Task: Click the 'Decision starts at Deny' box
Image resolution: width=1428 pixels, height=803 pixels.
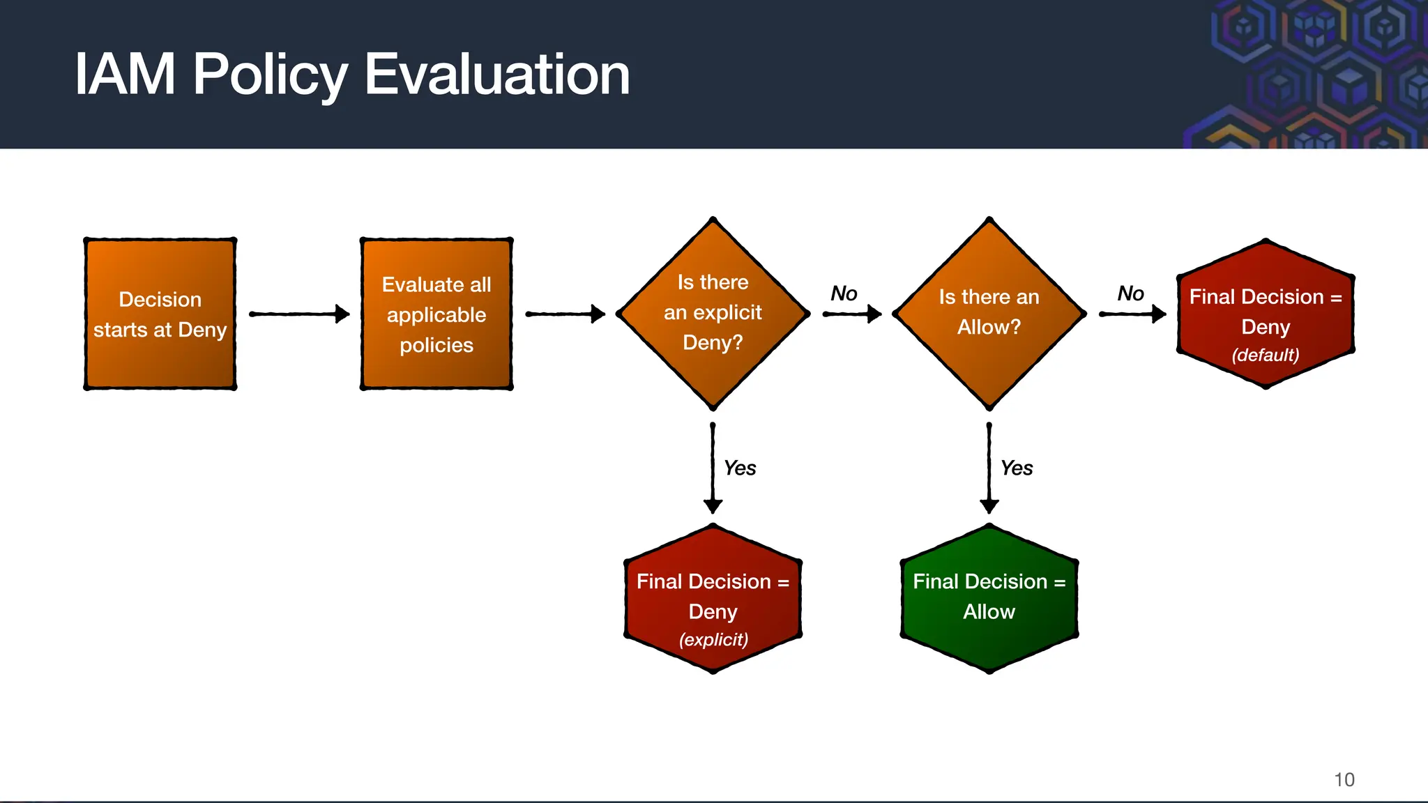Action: click(x=160, y=314)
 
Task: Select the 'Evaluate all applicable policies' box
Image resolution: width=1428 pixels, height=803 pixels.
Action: click(x=436, y=314)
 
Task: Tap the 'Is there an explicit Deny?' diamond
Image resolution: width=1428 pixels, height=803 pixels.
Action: click(x=713, y=314)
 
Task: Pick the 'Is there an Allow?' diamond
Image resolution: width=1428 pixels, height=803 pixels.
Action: click(x=989, y=314)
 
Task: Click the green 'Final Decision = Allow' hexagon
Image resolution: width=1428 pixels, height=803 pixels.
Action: click(x=989, y=598)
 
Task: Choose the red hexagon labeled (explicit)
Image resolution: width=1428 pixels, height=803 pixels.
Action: click(x=713, y=598)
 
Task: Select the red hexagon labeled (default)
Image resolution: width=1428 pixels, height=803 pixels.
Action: click(x=1266, y=314)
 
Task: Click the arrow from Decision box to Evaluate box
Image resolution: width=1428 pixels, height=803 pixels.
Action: click(x=298, y=314)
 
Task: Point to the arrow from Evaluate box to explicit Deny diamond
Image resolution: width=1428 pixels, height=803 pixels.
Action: click(x=565, y=314)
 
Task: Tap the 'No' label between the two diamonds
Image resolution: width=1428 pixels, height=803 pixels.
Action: click(x=844, y=293)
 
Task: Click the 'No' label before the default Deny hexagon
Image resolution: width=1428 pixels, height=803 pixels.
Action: click(x=1130, y=293)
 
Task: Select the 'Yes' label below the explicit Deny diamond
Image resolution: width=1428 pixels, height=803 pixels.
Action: click(x=740, y=468)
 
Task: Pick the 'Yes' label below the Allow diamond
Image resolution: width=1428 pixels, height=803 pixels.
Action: click(x=1017, y=468)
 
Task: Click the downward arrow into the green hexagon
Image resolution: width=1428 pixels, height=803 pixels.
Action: click(x=989, y=467)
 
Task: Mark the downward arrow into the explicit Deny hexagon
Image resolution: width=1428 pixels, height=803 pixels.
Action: click(x=713, y=467)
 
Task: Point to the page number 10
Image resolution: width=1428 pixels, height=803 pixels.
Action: click(x=1344, y=779)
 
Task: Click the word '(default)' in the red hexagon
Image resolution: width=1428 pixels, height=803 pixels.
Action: click(x=1266, y=355)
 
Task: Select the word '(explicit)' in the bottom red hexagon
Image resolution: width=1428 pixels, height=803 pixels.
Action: click(x=713, y=639)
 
